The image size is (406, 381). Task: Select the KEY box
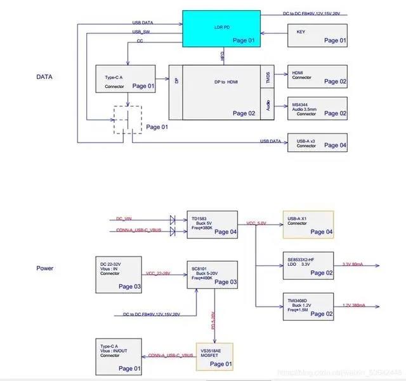(x=317, y=35)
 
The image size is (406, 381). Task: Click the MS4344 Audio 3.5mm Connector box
(x=317, y=107)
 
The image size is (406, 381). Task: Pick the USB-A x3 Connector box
(x=317, y=142)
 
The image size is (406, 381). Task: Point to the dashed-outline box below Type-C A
(x=128, y=119)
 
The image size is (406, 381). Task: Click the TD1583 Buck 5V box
(x=212, y=225)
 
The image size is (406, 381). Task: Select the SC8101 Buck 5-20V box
(x=212, y=273)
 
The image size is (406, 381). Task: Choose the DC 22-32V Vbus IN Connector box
(x=119, y=274)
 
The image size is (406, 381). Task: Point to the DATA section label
(x=44, y=77)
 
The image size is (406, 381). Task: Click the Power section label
(x=45, y=268)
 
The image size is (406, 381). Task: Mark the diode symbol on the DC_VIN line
(x=173, y=219)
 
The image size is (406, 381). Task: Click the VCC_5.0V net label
(x=256, y=223)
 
